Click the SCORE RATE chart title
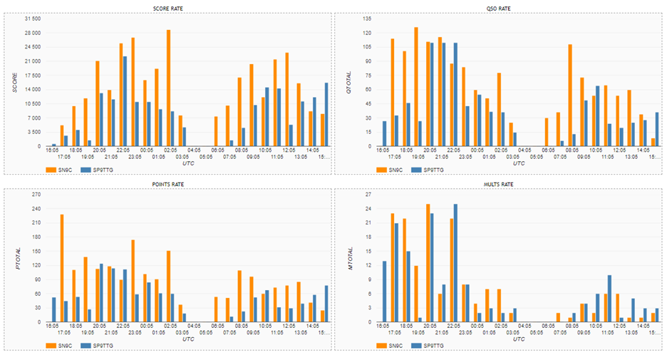pyautogui.click(x=168, y=8)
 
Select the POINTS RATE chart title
pyautogui.click(x=168, y=184)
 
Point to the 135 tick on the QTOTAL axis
pyautogui.click(x=367, y=19)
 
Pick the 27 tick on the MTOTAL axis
pyautogui.click(x=368, y=194)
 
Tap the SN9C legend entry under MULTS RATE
pyautogui.click(x=393, y=346)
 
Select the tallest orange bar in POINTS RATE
pyautogui.click(x=62, y=268)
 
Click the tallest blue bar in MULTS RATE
pyautogui.click(x=455, y=263)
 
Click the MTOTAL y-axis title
pyautogui.click(x=350, y=258)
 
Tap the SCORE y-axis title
pyautogui.click(x=14, y=83)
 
